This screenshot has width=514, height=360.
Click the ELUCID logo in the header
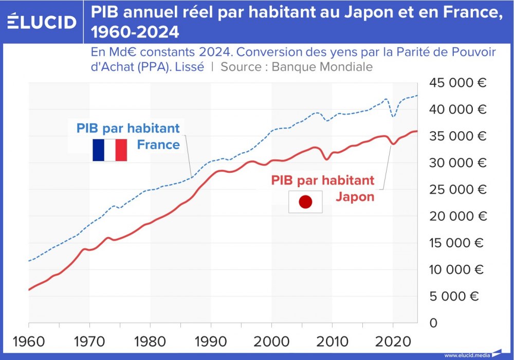click(x=42, y=22)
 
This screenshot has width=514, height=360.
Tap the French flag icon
click(x=109, y=150)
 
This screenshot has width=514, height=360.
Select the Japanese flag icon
click(x=305, y=202)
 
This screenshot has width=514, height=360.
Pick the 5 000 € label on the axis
click(x=454, y=296)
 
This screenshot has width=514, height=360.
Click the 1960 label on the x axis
click(x=29, y=341)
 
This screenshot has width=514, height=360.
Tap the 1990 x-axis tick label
click(x=211, y=341)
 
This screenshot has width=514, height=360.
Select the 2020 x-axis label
click(x=393, y=341)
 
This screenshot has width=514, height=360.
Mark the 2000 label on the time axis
click(x=271, y=341)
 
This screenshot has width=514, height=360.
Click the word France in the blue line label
click(x=158, y=145)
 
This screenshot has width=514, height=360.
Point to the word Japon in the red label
click(x=355, y=196)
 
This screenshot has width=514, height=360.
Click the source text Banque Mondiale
click(x=322, y=67)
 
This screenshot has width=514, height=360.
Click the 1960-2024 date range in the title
click(x=136, y=32)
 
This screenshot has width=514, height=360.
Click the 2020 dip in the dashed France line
click(x=393, y=117)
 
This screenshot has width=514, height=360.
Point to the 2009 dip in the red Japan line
click(x=326, y=159)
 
